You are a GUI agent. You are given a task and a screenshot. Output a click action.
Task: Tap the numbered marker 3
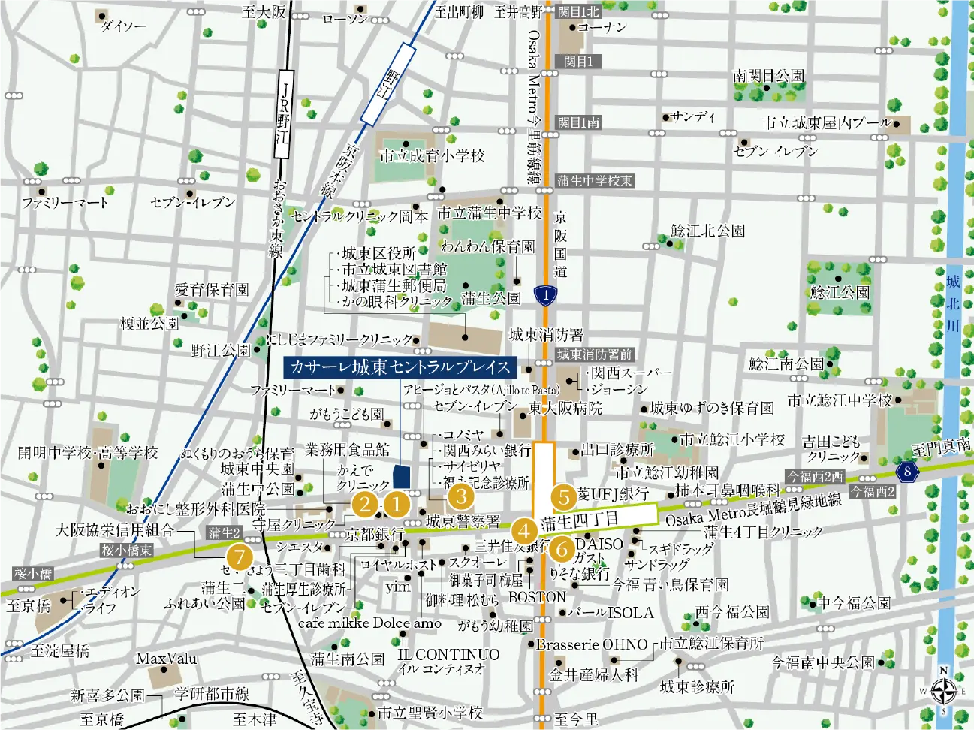(x=460, y=496)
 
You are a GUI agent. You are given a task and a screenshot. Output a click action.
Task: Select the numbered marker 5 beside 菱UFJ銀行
(x=563, y=496)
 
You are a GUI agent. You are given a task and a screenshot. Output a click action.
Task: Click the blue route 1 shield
(x=546, y=295)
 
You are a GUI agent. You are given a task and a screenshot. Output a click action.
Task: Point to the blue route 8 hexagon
(x=907, y=472)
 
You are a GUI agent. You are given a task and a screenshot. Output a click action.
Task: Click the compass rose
(x=943, y=690)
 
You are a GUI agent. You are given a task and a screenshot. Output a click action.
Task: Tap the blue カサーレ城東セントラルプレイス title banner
(x=400, y=367)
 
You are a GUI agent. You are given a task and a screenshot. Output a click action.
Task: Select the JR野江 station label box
(x=283, y=113)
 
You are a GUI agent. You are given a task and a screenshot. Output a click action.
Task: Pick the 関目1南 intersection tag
(x=578, y=122)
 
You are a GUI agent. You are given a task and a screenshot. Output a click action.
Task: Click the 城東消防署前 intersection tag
(x=594, y=354)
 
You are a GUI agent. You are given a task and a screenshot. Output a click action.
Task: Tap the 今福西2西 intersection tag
(x=816, y=477)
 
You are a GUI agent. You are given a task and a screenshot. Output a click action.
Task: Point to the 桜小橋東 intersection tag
(x=127, y=551)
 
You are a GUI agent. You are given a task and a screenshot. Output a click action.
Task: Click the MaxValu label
(x=166, y=659)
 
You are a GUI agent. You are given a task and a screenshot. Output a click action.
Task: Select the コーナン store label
(x=602, y=27)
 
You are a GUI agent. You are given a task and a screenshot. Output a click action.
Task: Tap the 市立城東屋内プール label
(x=826, y=123)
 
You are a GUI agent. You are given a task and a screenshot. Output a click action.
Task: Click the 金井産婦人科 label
(x=594, y=674)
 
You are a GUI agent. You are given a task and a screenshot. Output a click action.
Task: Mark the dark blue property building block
(x=402, y=476)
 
